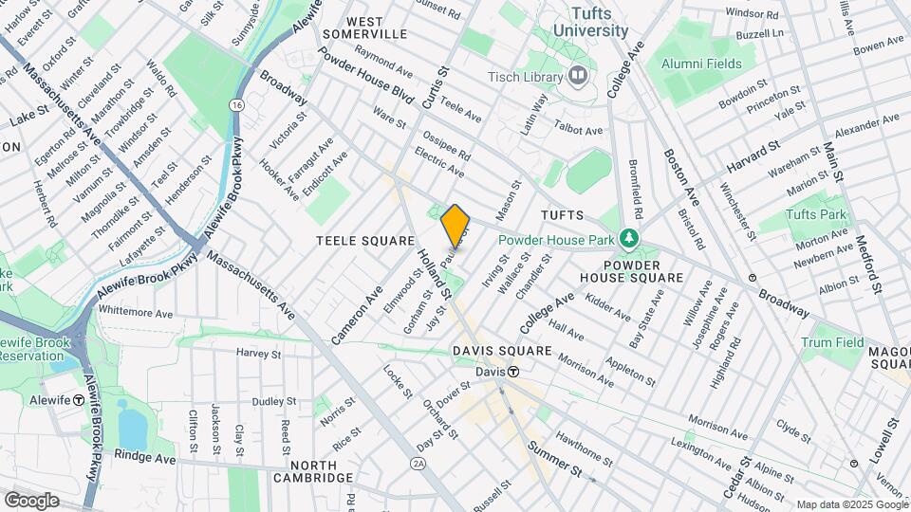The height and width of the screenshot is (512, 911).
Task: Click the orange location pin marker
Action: [x=455, y=226]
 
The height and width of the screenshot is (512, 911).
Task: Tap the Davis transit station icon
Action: [x=513, y=372]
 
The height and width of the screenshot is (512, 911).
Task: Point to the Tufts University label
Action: [x=600, y=22]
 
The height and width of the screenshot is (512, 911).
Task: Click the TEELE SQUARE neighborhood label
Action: [x=365, y=242]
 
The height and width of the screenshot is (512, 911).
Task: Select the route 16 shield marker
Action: [x=235, y=104]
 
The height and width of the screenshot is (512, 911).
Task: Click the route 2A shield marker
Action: [x=418, y=464]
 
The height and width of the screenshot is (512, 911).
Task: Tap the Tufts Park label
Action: [x=816, y=214]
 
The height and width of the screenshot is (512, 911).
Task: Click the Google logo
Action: [x=31, y=500]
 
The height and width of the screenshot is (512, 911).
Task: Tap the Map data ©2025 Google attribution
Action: [x=851, y=504]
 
